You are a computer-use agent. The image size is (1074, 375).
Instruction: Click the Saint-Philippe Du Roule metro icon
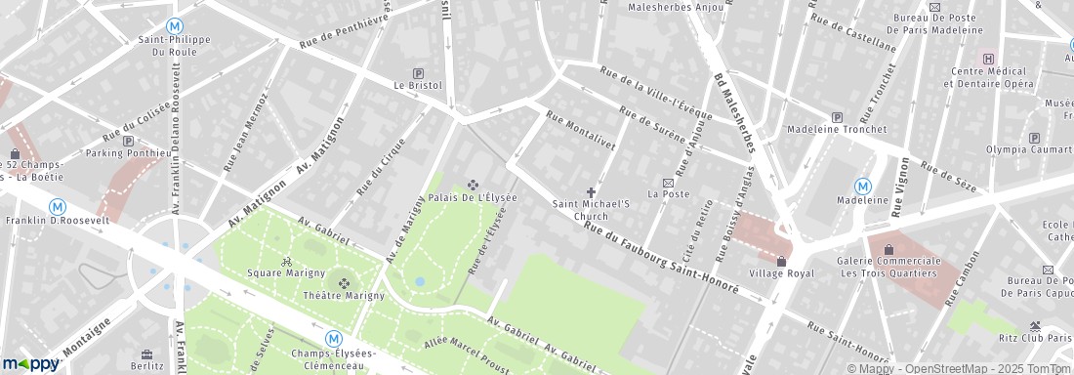pos(175,26)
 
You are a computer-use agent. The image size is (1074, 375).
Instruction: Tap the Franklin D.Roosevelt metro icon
pos(58,206)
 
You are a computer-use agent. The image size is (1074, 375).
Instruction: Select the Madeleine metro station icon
pos(863,186)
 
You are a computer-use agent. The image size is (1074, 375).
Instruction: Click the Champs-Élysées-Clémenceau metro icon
pos(333,338)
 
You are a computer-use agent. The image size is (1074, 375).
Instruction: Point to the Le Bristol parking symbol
pos(419,72)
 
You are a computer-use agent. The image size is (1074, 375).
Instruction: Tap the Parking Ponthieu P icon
pos(128,141)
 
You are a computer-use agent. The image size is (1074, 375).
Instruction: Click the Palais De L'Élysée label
pos(473,197)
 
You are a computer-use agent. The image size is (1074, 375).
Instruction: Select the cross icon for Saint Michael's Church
pos(591,191)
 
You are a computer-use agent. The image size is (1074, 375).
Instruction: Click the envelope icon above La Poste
pos(669,183)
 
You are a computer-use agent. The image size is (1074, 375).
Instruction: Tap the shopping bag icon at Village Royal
pos(781,261)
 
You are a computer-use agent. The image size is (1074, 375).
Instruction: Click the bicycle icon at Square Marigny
pos(286,261)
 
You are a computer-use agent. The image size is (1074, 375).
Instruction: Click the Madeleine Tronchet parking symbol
pos(822,117)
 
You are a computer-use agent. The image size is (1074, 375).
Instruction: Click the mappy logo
pos(31,363)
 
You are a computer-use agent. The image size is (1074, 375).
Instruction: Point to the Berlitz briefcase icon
pos(146,354)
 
